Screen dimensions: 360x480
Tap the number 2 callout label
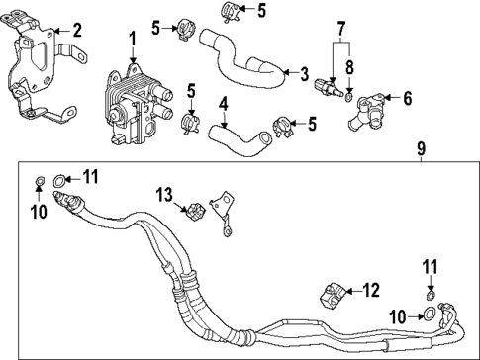click(x=77, y=30)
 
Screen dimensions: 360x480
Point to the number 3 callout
click(x=305, y=72)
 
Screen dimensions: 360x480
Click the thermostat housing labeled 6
click(x=368, y=105)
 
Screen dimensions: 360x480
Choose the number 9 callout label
click(x=421, y=149)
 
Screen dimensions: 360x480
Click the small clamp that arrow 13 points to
click(x=194, y=210)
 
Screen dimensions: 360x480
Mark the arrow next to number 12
click(x=353, y=290)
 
